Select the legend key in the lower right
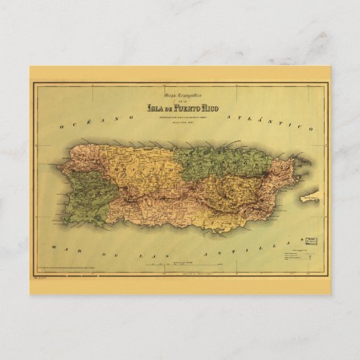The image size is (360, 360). pos(296,255)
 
